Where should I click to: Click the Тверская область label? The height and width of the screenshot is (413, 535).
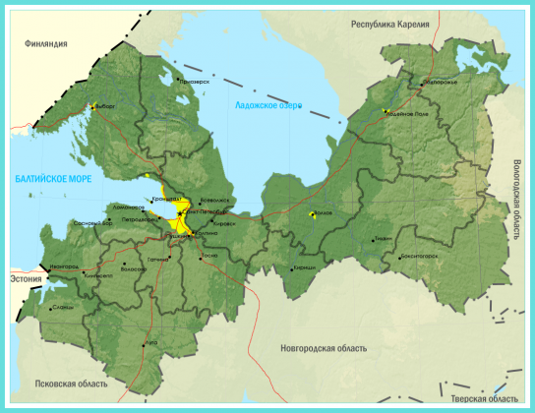(x=484, y=398)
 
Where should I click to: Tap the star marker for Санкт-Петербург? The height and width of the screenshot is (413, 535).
(x=180, y=212)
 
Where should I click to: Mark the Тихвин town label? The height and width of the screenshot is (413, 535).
(x=383, y=238)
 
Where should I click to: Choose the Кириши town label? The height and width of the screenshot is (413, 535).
(x=306, y=267)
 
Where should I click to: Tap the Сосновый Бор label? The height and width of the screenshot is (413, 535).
(x=93, y=223)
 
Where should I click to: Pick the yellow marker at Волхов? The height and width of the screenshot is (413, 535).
(x=313, y=213)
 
